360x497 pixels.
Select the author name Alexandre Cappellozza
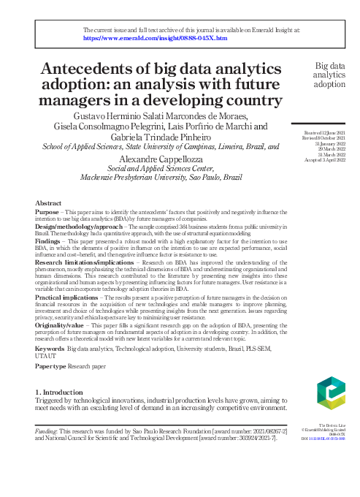(161, 158)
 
